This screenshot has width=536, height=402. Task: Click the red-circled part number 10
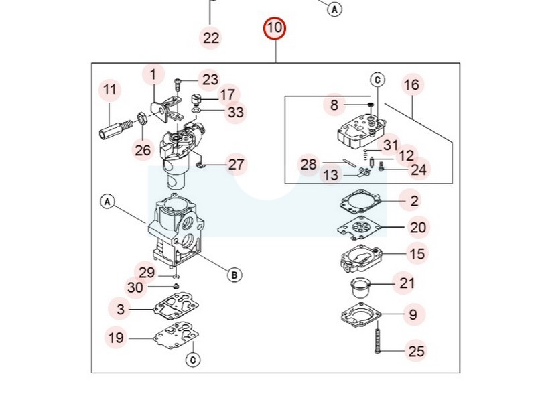[x=274, y=29]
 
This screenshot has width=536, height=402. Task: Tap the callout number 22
[x=211, y=38]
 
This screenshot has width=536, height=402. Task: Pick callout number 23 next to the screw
[x=210, y=80]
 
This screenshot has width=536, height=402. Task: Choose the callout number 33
[x=235, y=112]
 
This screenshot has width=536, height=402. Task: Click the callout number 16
[x=411, y=85]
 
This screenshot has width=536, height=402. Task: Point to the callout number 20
[x=417, y=228]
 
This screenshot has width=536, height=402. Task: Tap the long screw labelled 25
[x=379, y=338]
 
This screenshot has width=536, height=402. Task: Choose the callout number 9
[x=413, y=314]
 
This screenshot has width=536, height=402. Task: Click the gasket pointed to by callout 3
[x=174, y=309]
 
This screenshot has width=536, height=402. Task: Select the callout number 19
[x=117, y=338]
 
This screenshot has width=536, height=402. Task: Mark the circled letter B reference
[x=234, y=274]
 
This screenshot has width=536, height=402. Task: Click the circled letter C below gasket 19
[x=192, y=360]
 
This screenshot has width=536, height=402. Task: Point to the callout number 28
[x=308, y=164]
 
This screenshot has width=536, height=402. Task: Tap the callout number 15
[x=417, y=254]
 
